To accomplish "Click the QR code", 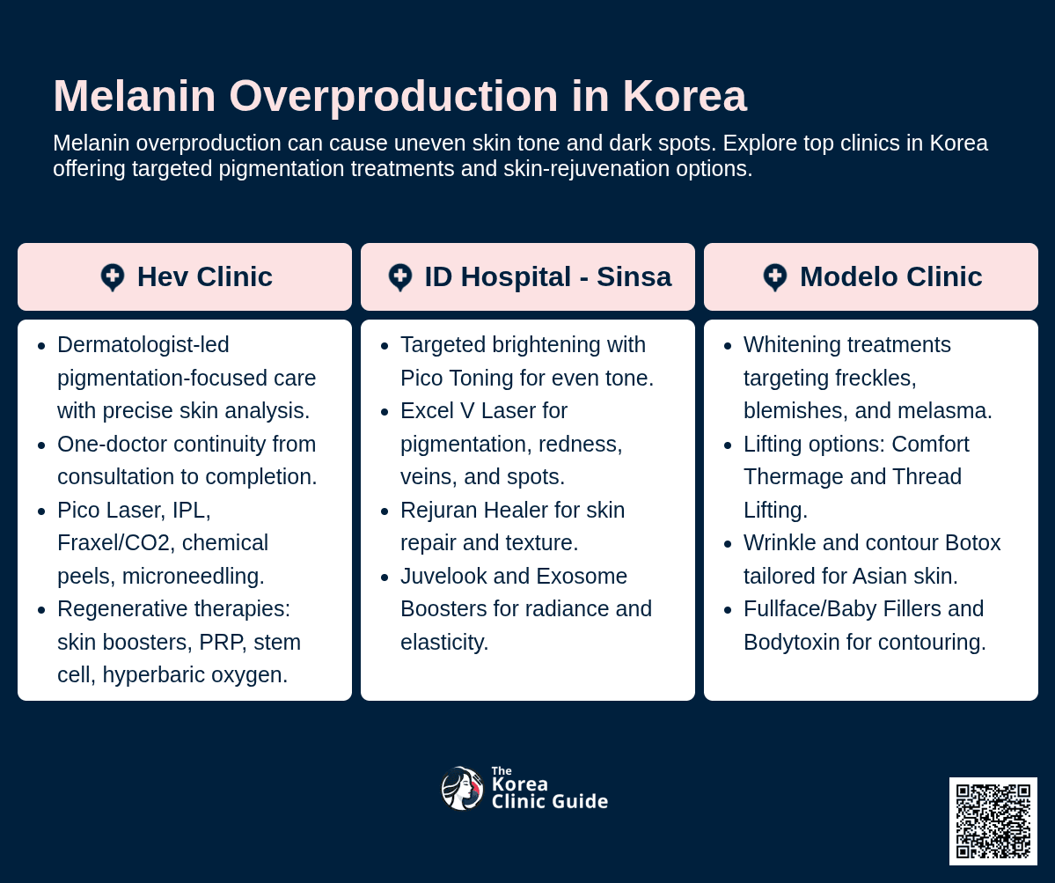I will coord(993,820).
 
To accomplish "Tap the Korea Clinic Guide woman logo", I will coord(462,788).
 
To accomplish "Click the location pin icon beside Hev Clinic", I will coord(113,277).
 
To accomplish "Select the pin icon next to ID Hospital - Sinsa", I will coord(400,277).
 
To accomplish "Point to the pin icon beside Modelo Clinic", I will coord(775,277).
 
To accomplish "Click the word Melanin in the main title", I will coord(135,96).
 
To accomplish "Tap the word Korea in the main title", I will coord(685,96).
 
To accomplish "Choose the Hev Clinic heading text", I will coord(204,277).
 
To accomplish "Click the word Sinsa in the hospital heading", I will coord(634,277).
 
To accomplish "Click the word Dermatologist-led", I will coord(143,345).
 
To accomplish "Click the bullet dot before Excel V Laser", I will coord(385,412).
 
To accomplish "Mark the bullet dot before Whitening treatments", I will coord(728,346).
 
